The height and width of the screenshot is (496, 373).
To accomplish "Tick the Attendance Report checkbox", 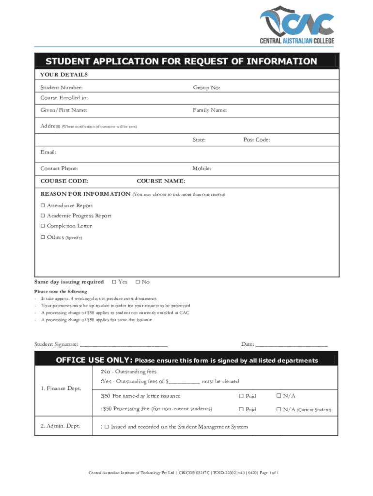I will tap(43, 206).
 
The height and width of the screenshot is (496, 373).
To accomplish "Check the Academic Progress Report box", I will tap(43, 216).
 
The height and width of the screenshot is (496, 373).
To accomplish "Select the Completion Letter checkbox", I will tap(43, 226).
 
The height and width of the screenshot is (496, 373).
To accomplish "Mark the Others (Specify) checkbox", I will tap(43, 237).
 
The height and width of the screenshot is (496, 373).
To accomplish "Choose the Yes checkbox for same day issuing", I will tap(114, 282).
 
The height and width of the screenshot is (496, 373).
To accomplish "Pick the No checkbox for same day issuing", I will tap(138, 282).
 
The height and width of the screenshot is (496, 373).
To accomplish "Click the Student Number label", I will tap(62, 88).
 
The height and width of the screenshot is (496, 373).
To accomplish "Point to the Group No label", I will tap(207, 88).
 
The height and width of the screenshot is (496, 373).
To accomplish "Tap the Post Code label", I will tap(256, 140).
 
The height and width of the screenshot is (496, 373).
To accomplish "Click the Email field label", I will tap(48, 152).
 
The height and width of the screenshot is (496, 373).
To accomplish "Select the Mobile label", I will tap(202, 169).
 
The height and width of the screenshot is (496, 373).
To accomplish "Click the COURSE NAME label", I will tap(161, 182).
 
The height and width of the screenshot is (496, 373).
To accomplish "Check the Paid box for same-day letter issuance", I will tap(241, 396).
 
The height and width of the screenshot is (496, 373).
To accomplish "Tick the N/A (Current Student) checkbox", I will tap(279, 409).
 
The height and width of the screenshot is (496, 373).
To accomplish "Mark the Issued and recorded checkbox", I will tap(107, 427).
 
